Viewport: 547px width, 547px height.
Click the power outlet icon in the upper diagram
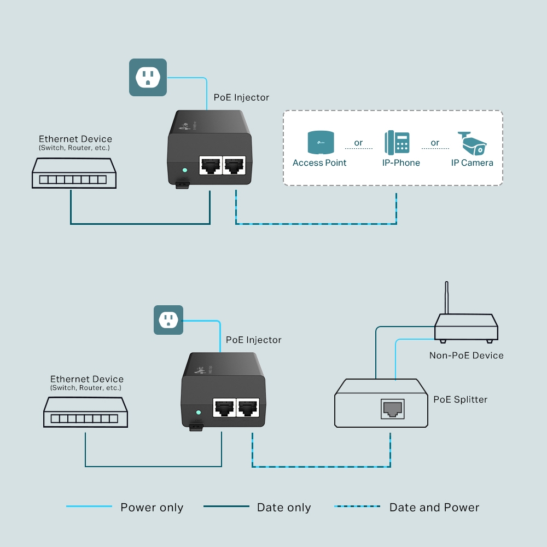[x=148, y=78]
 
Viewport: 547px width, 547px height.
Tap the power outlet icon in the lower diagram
[x=168, y=320]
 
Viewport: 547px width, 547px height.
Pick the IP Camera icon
[x=472, y=143]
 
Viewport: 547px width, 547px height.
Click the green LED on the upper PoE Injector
[x=184, y=170]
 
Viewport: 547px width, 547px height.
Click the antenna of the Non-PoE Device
[x=447, y=298]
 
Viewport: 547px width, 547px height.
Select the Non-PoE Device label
[x=466, y=356]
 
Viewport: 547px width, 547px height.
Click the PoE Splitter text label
[x=460, y=399]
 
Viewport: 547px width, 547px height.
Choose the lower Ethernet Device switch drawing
[x=85, y=412]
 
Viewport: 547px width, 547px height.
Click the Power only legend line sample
[x=89, y=507]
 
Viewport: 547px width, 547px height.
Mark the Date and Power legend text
[x=434, y=508]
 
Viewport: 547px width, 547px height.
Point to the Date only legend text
[x=283, y=508]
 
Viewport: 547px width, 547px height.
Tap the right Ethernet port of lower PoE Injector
[x=247, y=407]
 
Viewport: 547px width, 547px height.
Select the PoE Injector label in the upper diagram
[x=241, y=97]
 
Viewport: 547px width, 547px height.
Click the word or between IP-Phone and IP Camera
[x=435, y=143]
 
